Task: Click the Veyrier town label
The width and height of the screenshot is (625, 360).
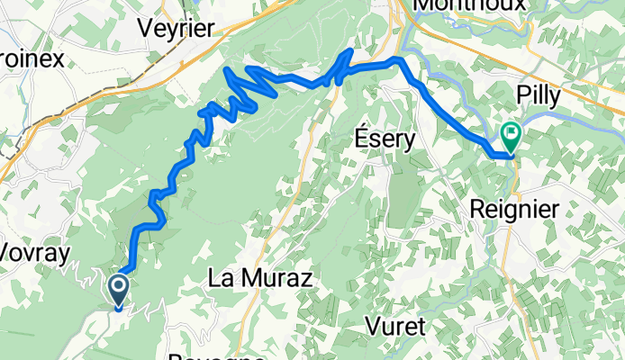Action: tap(176, 28)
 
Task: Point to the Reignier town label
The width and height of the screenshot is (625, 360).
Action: tap(514, 210)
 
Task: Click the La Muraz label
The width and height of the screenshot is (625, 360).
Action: tap(259, 279)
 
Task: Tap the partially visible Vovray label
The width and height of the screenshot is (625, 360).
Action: tap(34, 254)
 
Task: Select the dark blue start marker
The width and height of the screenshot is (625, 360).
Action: tap(119, 291)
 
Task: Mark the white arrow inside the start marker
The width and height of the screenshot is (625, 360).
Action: tap(119, 288)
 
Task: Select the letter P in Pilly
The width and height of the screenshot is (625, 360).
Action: tap(522, 96)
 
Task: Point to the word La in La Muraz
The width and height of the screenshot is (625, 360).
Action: tap(220, 279)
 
